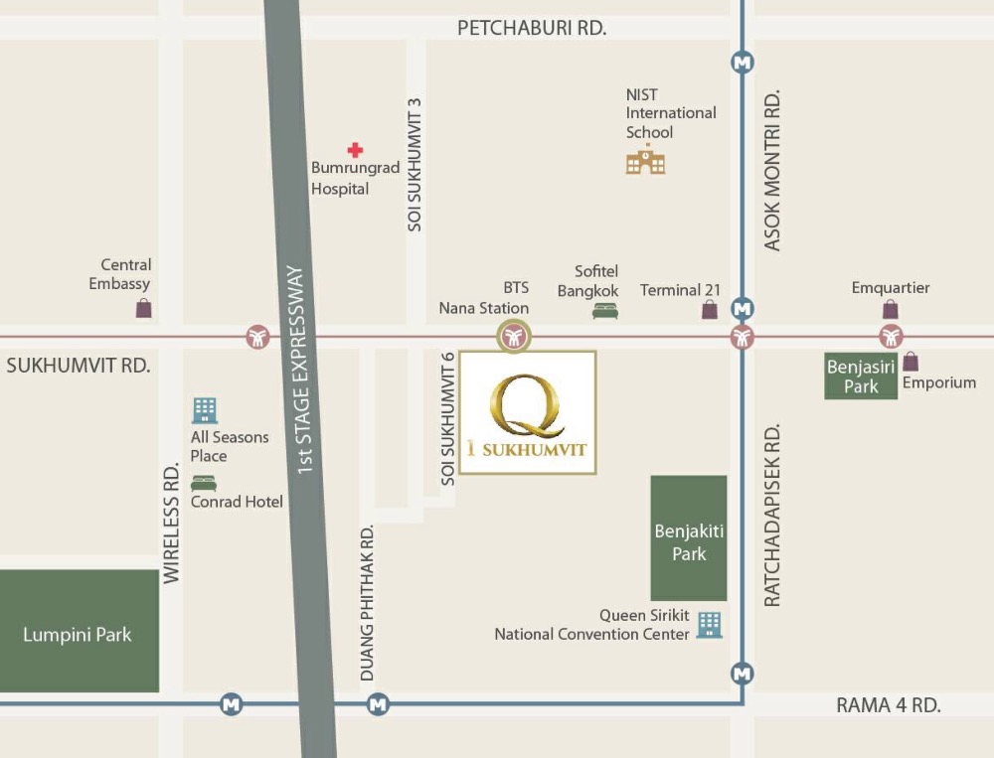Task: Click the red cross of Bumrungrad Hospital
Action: point(355,150)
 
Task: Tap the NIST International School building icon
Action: point(645,159)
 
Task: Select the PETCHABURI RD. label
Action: point(531,28)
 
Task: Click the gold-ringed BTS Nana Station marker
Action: point(514,337)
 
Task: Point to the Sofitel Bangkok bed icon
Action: point(604,311)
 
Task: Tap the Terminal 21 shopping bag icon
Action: point(710,310)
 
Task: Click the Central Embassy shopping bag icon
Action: point(144,308)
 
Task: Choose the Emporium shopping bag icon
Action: point(911,362)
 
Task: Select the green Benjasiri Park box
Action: point(861,376)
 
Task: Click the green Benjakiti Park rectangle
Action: point(688,537)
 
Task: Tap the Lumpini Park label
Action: point(78,635)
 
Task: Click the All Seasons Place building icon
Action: point(205,410)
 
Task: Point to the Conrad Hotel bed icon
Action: point(204,484)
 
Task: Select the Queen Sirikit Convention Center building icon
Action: point(709,624)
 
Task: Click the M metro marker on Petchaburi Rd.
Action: point(742,62)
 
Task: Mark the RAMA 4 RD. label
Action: point(888,705)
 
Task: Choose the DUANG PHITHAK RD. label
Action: point(367,602)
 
